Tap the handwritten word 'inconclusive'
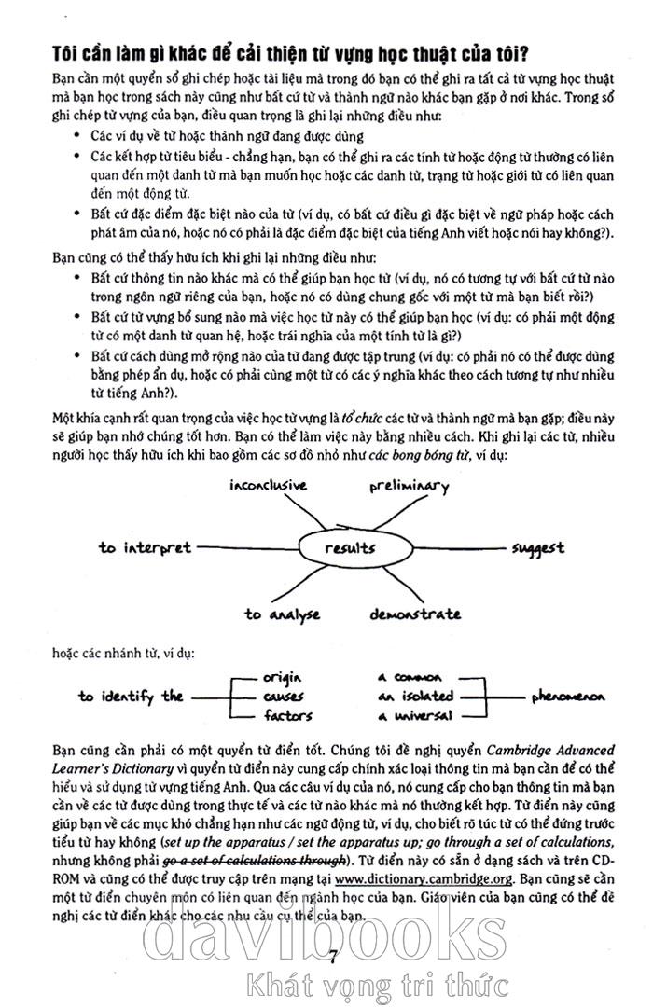[x=269, y=486]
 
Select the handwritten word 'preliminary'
[x=409, y=486]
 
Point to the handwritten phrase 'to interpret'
[x=145, y=547]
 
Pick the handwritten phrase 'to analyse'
[x=283, y=614]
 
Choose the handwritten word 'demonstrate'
[x=414, y=614]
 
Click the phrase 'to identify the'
[x=131, y=696]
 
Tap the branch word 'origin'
[x=284, y=678]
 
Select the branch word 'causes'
[x=283, y=697]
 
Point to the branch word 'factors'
[x=286, y=715]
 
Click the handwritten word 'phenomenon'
[x=568, y=697]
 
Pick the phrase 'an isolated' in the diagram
[x=415, y=696]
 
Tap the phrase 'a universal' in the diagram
[x=415, y=715]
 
